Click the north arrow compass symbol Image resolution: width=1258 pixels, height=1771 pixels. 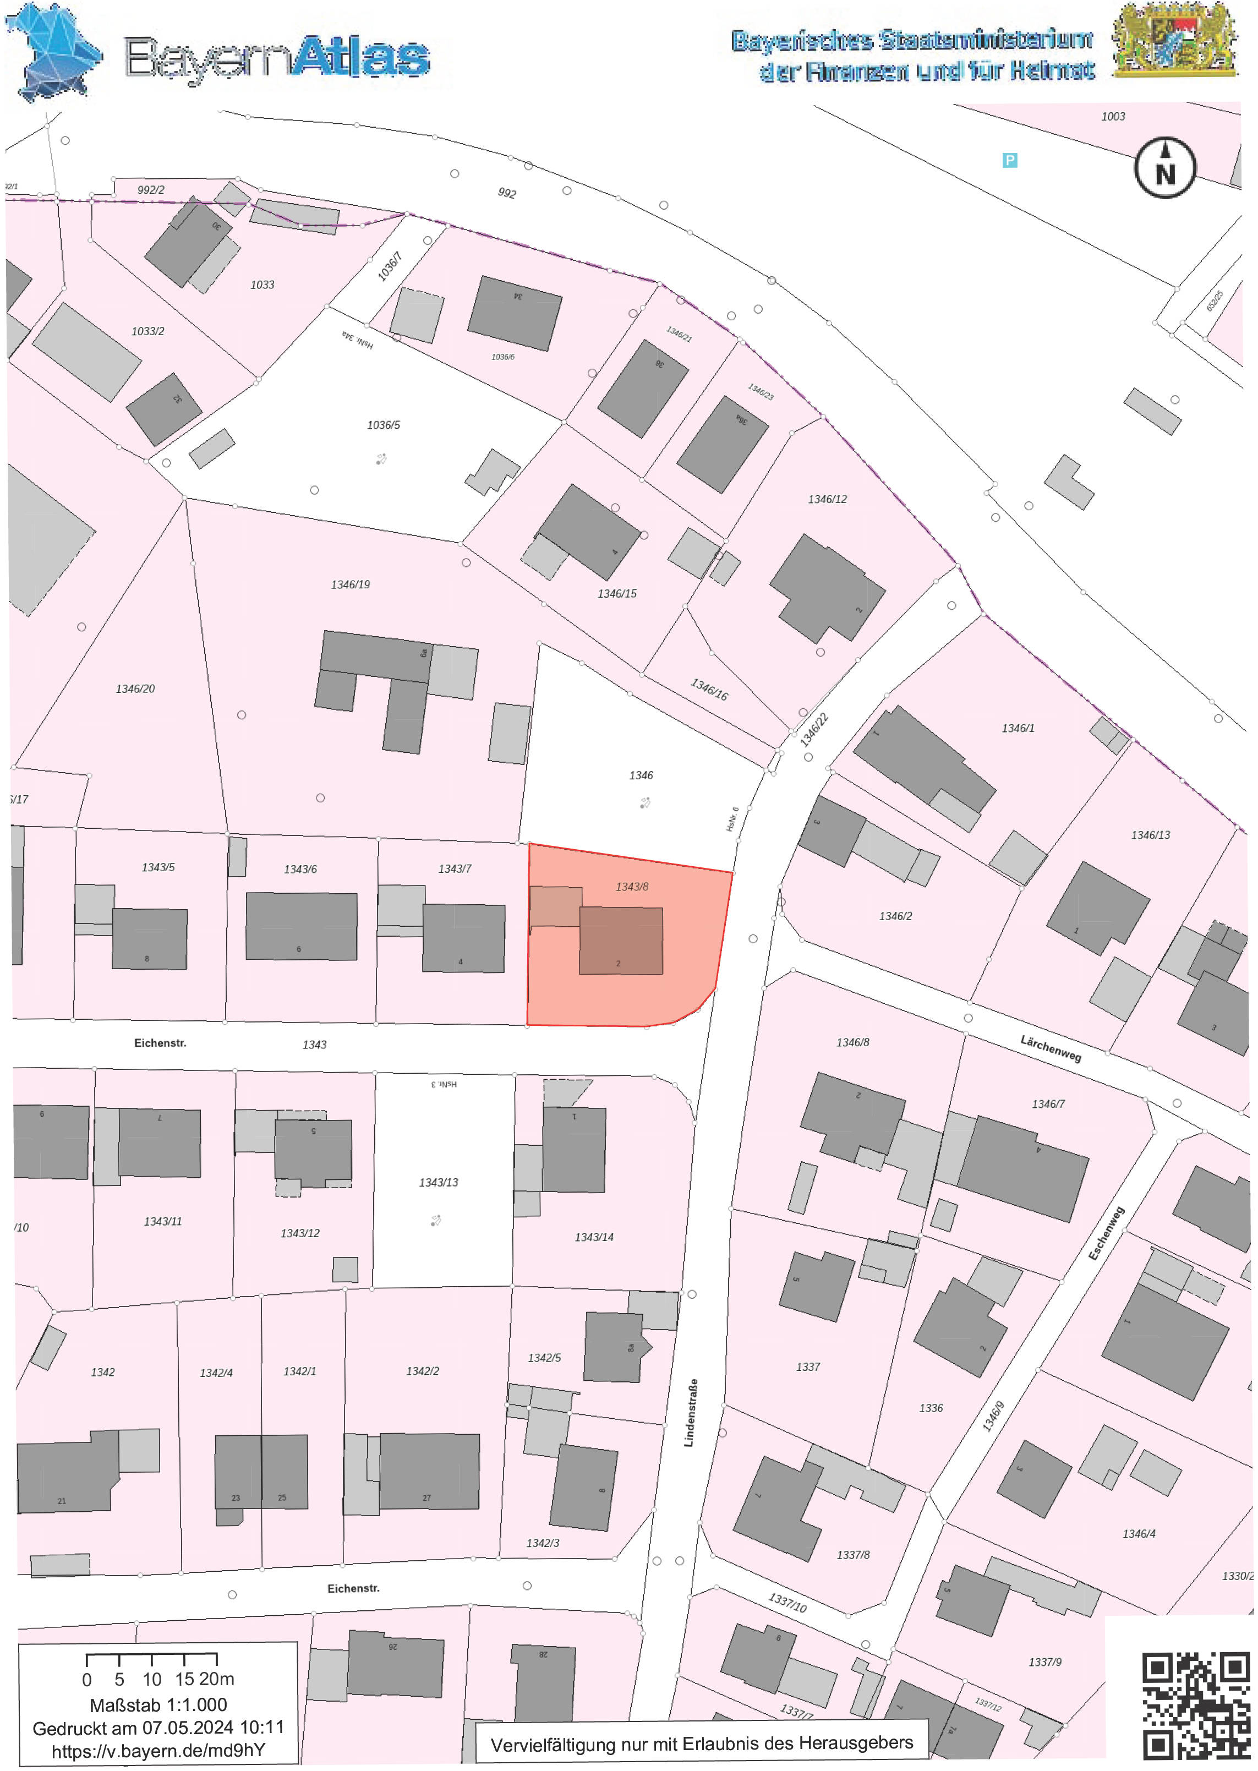[1164, 167]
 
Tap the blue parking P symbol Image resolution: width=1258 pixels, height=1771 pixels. [1009, 160]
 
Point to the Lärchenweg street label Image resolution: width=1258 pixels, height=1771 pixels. [1051, 1049]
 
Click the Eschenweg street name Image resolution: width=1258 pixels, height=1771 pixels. [1106, 1233]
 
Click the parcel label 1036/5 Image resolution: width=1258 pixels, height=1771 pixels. [384, 424]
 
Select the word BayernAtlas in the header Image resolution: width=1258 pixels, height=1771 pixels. [277, 58]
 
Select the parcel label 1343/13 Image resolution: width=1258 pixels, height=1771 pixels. [439, 1182]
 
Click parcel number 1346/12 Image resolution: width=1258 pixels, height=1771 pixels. [827, 499]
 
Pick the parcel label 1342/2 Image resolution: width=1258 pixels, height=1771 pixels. [422, 1370]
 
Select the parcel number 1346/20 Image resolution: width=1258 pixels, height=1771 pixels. [135, 688]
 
